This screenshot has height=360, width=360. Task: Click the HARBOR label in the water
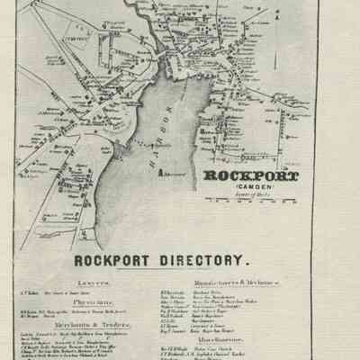click(166, 127)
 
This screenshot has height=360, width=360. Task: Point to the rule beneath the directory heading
click(181, 273)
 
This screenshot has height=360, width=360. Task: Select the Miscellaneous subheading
click(248, 338)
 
